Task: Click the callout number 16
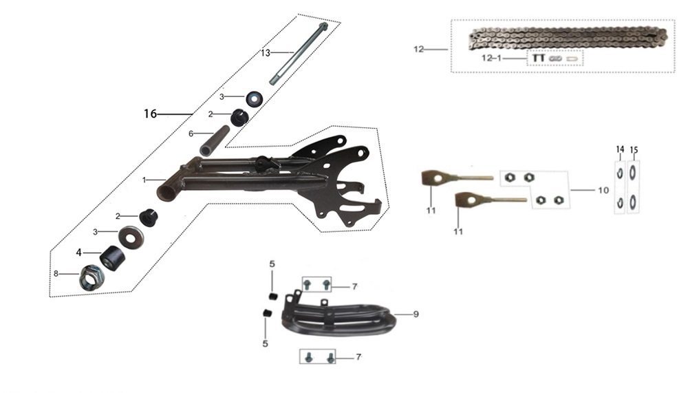coord(150,114)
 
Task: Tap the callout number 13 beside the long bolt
coord(266,53)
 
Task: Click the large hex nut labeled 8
coord(92,277)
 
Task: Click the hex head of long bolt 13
coord(323,27)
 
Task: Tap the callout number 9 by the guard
coord(416,314)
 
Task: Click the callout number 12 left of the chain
coord(418,49)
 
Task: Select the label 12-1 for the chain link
coord(491,58)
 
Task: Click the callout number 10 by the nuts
coord(603,190)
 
